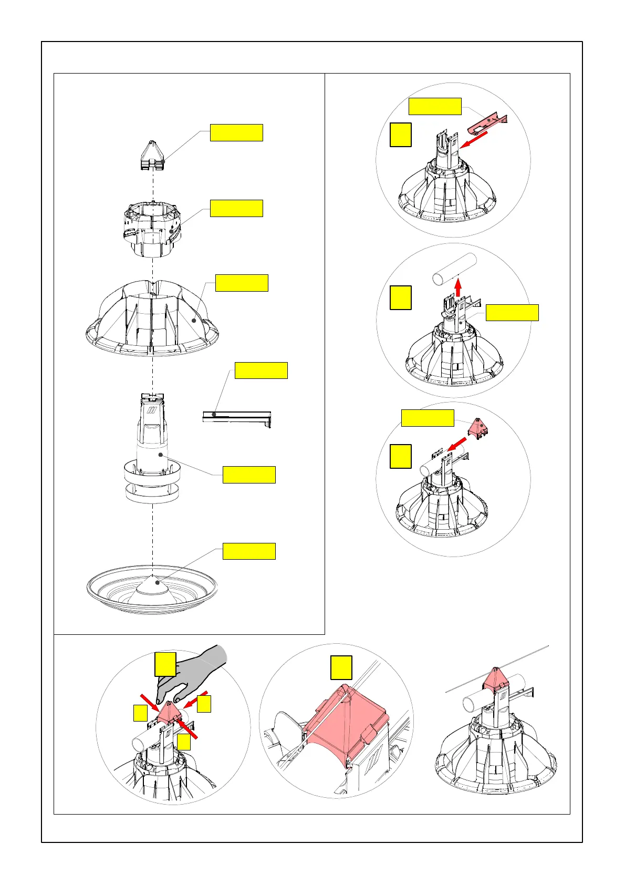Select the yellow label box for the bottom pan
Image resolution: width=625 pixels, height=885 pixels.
(x=249, y=551)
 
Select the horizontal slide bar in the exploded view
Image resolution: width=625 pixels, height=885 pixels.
(x=236, y=416)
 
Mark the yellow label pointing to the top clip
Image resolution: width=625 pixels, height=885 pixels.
(x=236, y=132)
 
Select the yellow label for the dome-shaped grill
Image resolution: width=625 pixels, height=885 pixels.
(x=242, y=283)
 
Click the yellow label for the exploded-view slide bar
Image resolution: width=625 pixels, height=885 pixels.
(x=261, y=370)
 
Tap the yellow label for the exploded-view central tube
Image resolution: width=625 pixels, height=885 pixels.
(x=249, y=474)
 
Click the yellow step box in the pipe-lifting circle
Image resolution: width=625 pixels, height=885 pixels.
(x=401, y=297)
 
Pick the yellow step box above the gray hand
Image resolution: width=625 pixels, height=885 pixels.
(x=165, y=664)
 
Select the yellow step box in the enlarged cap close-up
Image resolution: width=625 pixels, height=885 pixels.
(x=341, y=667)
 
